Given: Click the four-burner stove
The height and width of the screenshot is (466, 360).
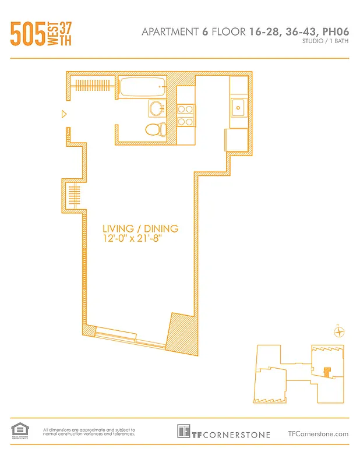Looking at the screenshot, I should tap(185, 115).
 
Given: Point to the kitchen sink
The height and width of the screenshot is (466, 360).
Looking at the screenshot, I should tap(238, 107).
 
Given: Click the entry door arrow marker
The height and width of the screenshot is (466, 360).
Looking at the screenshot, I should tap(65, 115).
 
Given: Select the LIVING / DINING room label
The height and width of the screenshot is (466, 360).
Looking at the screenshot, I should tap(140, 228).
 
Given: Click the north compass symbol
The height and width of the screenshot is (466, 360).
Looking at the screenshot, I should tap(339, 332).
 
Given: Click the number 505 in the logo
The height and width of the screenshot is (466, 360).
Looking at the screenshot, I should tap(28, 34).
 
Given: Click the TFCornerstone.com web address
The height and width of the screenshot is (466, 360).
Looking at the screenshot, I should tap(318, 433).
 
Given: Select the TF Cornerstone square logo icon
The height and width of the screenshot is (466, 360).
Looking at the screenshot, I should tap(184, 431).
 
